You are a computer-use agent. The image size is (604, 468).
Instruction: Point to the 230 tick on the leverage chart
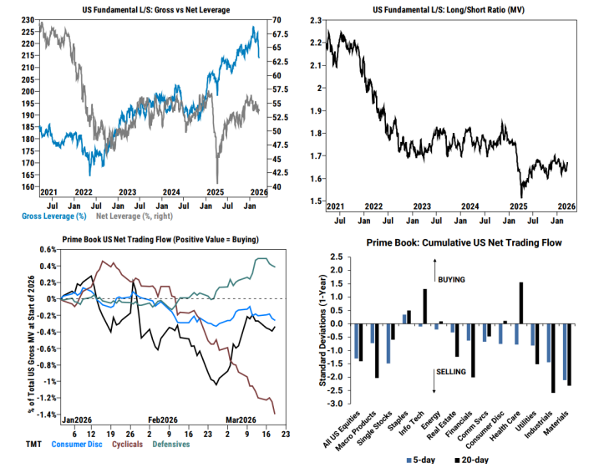27,19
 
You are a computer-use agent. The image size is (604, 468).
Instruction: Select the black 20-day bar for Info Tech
425,307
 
